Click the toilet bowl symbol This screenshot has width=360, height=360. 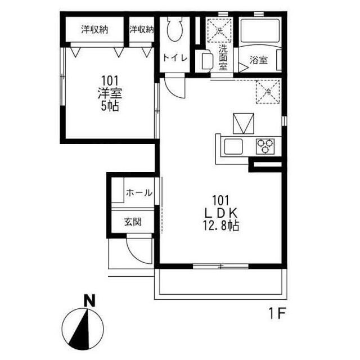point(175,29)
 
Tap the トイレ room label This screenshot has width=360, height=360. point(175,58)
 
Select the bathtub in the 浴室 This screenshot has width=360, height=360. point(259,31)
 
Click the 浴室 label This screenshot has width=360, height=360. point(259,60)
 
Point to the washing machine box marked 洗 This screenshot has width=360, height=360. point(219,30)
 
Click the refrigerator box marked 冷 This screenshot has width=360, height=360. point(268,92)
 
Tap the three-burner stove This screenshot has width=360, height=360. point(265,146)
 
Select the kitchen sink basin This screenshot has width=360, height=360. point(233,146)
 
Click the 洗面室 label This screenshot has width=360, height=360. point(223,57)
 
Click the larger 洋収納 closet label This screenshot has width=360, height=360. point(94,30)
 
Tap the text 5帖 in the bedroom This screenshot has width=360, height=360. point(110,106)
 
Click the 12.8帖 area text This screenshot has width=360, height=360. point(220,226)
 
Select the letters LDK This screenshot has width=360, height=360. point(220,214)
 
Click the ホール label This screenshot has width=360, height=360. point(139,192)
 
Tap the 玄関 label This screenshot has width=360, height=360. point(133,222)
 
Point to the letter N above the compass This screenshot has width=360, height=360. point(89,301)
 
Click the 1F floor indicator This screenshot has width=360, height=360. point(277,313)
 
